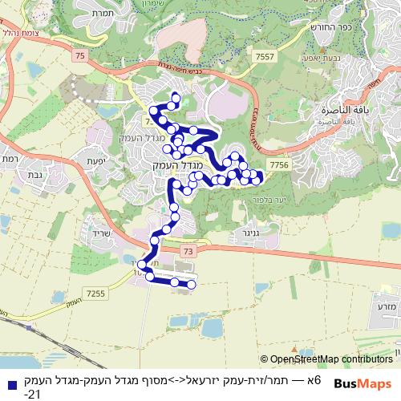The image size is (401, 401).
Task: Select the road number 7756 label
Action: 279,164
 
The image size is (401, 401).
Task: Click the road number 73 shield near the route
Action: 188,252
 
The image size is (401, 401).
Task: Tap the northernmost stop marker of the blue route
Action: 172,98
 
